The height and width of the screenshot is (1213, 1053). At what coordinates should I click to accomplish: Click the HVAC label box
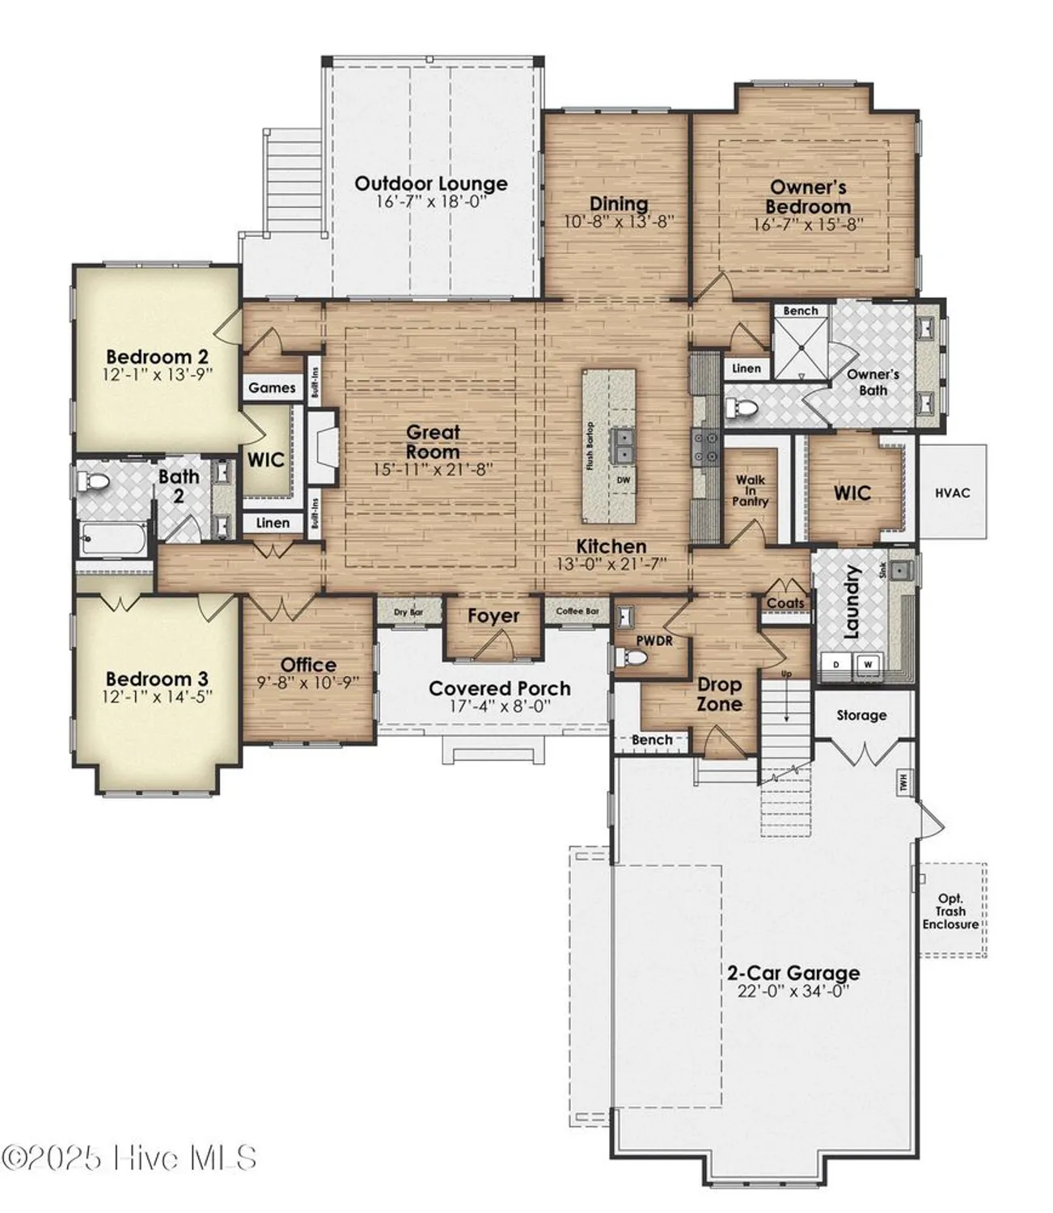point(952,492)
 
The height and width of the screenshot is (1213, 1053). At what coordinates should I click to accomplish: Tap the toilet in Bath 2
point(96,483)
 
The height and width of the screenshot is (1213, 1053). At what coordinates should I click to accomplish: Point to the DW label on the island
point(623,480)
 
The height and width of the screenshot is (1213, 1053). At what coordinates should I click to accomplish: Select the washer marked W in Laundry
point(868,665)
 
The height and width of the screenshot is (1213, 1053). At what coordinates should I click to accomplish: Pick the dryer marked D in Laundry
point(835,665)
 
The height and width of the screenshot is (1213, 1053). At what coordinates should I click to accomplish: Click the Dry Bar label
point(408,612)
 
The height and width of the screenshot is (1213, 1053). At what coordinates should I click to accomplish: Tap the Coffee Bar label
point(577,611)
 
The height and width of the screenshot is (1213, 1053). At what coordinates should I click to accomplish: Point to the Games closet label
point(272,388)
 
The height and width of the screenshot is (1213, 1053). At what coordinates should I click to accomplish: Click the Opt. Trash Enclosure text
point(950,911)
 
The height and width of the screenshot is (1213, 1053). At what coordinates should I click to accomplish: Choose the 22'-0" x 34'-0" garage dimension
point(793,992)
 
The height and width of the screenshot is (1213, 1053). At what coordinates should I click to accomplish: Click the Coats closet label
point(785,603)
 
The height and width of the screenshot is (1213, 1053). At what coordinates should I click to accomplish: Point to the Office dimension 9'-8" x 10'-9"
point(308,683)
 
